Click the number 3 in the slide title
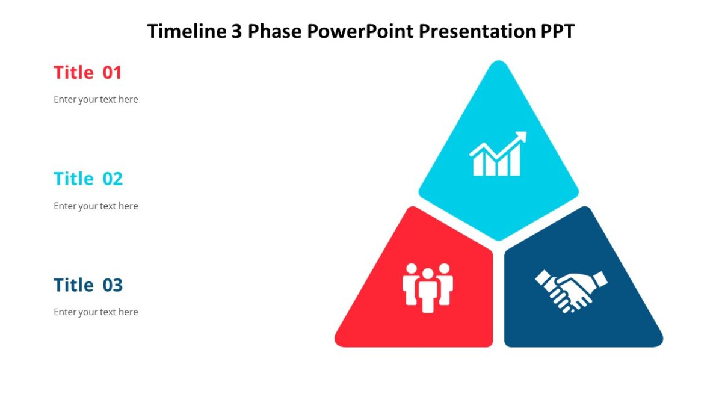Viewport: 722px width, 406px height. tap(236, 31)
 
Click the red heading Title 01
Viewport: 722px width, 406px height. tap(88, 73)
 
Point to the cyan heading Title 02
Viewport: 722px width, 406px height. tap(88, 179)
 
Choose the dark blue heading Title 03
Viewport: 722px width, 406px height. tap(88, 285)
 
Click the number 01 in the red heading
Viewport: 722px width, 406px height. tap(112, 73)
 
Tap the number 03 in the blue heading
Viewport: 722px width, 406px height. tap(112, 285)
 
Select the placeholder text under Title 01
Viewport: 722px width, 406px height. tap(96, 99)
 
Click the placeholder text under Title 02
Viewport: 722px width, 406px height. tap(96, 206)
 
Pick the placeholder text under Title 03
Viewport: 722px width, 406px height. tap(96, 312)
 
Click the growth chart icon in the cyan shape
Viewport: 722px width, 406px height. tap(498, 155)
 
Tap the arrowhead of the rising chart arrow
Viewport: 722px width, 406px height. tap(521, 137)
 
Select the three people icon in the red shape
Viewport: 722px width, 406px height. tap(427, 287)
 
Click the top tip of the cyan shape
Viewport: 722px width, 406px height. tap(498, 63)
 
